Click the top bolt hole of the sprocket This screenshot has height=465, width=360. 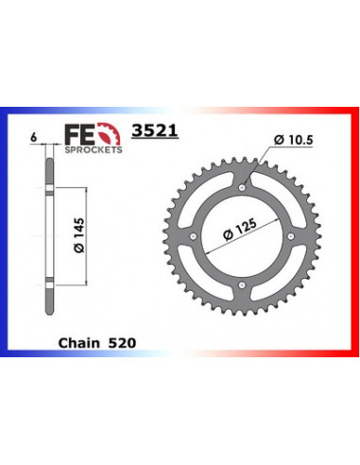point(242,188)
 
